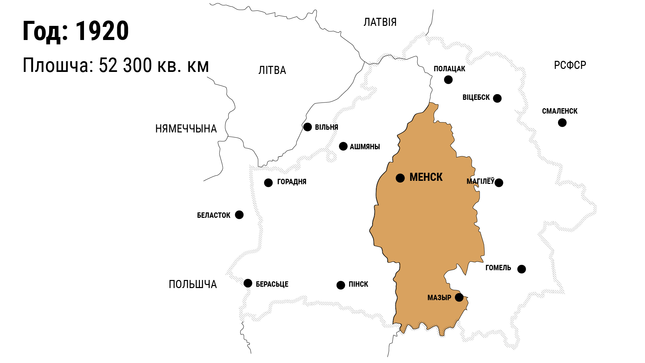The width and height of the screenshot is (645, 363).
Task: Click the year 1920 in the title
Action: pyautogui.click(x=102, y=31)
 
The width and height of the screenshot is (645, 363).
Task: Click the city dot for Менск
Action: pyautogui.click(x=400, y=178)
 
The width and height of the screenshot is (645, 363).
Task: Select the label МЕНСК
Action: pyautogui.click(x=426, y=177)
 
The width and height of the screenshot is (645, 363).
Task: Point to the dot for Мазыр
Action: pyautogui.click(x=459, y=297)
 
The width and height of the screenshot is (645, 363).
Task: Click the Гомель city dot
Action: pyautogui.click(x=521, y=269)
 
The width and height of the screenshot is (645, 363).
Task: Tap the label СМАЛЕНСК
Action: pyautogui.click(x=560, y=111)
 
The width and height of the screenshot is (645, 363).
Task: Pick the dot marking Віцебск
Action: pyautogui.click(x=497, y=98)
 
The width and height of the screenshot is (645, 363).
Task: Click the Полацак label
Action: pyautogui.click(x=449, y=69)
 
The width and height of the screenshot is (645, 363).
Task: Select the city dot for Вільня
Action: pyautogui.click(x=307, y=127)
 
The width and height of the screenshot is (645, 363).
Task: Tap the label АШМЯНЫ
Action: pyautogui.click(x=365, y=147)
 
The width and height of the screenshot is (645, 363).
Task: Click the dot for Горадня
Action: pyautogui.click(x=268, y=183)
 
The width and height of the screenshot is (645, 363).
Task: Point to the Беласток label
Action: pyautogui.click(x=214, y=215)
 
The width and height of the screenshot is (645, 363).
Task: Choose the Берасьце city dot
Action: pyautogui.click(x=248, y=283)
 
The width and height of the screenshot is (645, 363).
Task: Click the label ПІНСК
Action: pyautogui.click(x=358, y=284)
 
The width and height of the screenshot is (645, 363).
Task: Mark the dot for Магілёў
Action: pyautogui.click(x=499, y=183)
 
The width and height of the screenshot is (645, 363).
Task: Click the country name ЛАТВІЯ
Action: pyautogui.click(x=380, y=23)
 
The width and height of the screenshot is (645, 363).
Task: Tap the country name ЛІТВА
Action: pyautogui.click(x=272, y=70)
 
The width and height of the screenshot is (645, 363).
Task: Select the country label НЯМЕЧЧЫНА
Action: pyautogui.click(x=186, y=129)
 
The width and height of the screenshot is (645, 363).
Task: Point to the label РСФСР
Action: pyautogui.click(x=570, y=65)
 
